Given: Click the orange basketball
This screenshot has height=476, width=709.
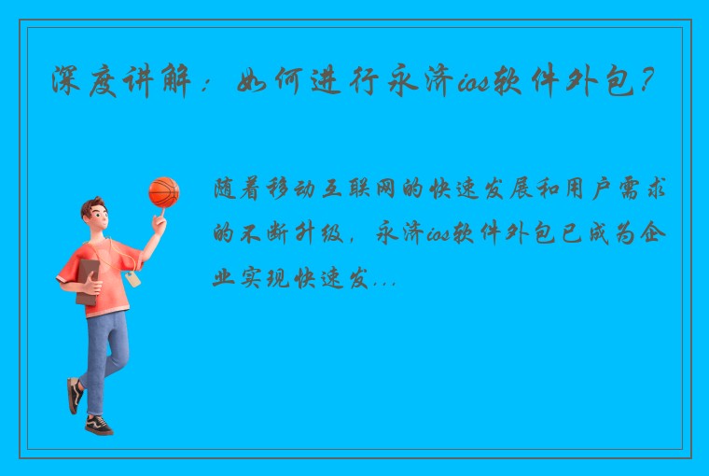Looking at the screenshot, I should tap(163, 192).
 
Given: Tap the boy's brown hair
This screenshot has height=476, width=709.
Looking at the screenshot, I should tap(92, 206).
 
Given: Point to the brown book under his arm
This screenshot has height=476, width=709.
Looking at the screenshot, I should tap(88, 280).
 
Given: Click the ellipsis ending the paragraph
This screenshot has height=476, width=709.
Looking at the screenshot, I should tap(383, 281).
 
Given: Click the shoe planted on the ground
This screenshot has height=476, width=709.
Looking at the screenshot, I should tap(99, 425).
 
